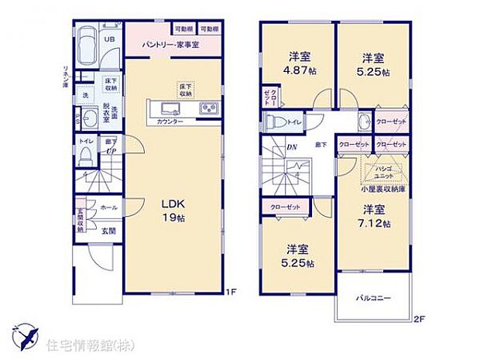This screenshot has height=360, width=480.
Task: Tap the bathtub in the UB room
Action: point(87,47)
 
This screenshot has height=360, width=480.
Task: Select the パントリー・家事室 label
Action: point(170,46)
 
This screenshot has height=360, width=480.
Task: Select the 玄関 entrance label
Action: point(108,230)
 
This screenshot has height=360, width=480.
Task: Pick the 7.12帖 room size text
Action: point(374,224)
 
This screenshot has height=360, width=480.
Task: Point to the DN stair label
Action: point(291,146)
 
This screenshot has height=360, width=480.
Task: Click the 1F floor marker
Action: point(230,292)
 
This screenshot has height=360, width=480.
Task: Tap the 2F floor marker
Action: point(419,319)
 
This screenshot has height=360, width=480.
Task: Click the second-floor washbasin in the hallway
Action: point(363,122)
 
